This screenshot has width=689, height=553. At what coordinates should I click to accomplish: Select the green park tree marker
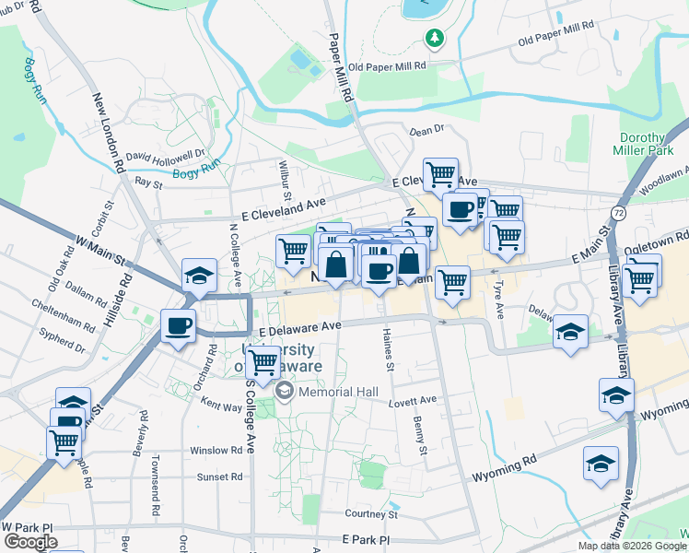434,38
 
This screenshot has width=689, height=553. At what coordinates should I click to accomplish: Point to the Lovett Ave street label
413,401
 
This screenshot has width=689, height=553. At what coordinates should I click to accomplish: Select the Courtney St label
370,513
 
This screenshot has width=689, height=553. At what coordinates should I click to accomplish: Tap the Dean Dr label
426,131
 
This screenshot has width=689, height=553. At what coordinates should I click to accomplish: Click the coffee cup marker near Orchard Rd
179,325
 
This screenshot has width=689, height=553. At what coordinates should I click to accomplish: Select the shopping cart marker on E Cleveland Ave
441,173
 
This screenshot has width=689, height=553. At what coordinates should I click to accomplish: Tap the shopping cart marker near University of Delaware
263,362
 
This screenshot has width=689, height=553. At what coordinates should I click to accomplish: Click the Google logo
30,542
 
